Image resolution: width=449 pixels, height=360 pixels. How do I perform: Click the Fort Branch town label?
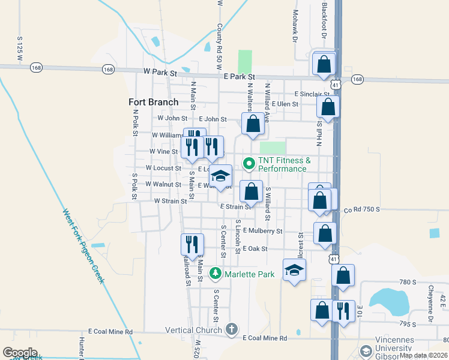pos(154,102)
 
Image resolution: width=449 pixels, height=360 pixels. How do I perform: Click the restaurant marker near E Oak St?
pos(192,244)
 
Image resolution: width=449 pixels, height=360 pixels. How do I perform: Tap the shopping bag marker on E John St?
pos(253,124)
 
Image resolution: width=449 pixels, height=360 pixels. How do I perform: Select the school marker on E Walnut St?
pos(220,176)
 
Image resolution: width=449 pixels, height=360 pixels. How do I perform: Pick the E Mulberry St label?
pos(262,230)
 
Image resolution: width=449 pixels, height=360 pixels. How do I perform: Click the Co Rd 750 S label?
pos(362,209)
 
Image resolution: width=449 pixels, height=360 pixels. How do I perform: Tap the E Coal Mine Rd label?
pos(265,338)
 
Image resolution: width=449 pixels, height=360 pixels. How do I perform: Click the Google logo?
pos(20,353)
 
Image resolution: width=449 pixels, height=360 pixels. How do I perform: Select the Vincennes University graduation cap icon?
pos(365,351)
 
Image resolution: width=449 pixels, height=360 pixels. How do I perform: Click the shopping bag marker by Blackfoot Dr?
pos(324,64)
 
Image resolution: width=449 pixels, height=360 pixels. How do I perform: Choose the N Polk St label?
pos(136,122)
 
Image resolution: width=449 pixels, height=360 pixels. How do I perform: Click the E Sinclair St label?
pos(312,94)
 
